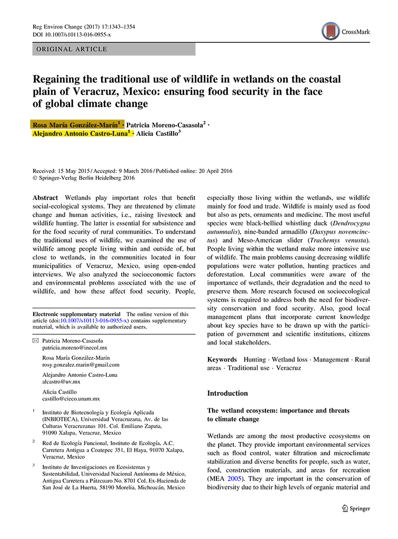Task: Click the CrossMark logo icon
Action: tap(331, 31)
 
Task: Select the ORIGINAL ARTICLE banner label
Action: tap(71, 49)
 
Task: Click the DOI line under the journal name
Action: tap(72, 34)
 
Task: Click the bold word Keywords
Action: tap(222, 360)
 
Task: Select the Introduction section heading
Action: tap(227, 393)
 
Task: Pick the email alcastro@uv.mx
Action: tap(62, 381)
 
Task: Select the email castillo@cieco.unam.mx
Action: tap(71, 398)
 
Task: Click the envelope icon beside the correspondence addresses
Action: tap(35, 341)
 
